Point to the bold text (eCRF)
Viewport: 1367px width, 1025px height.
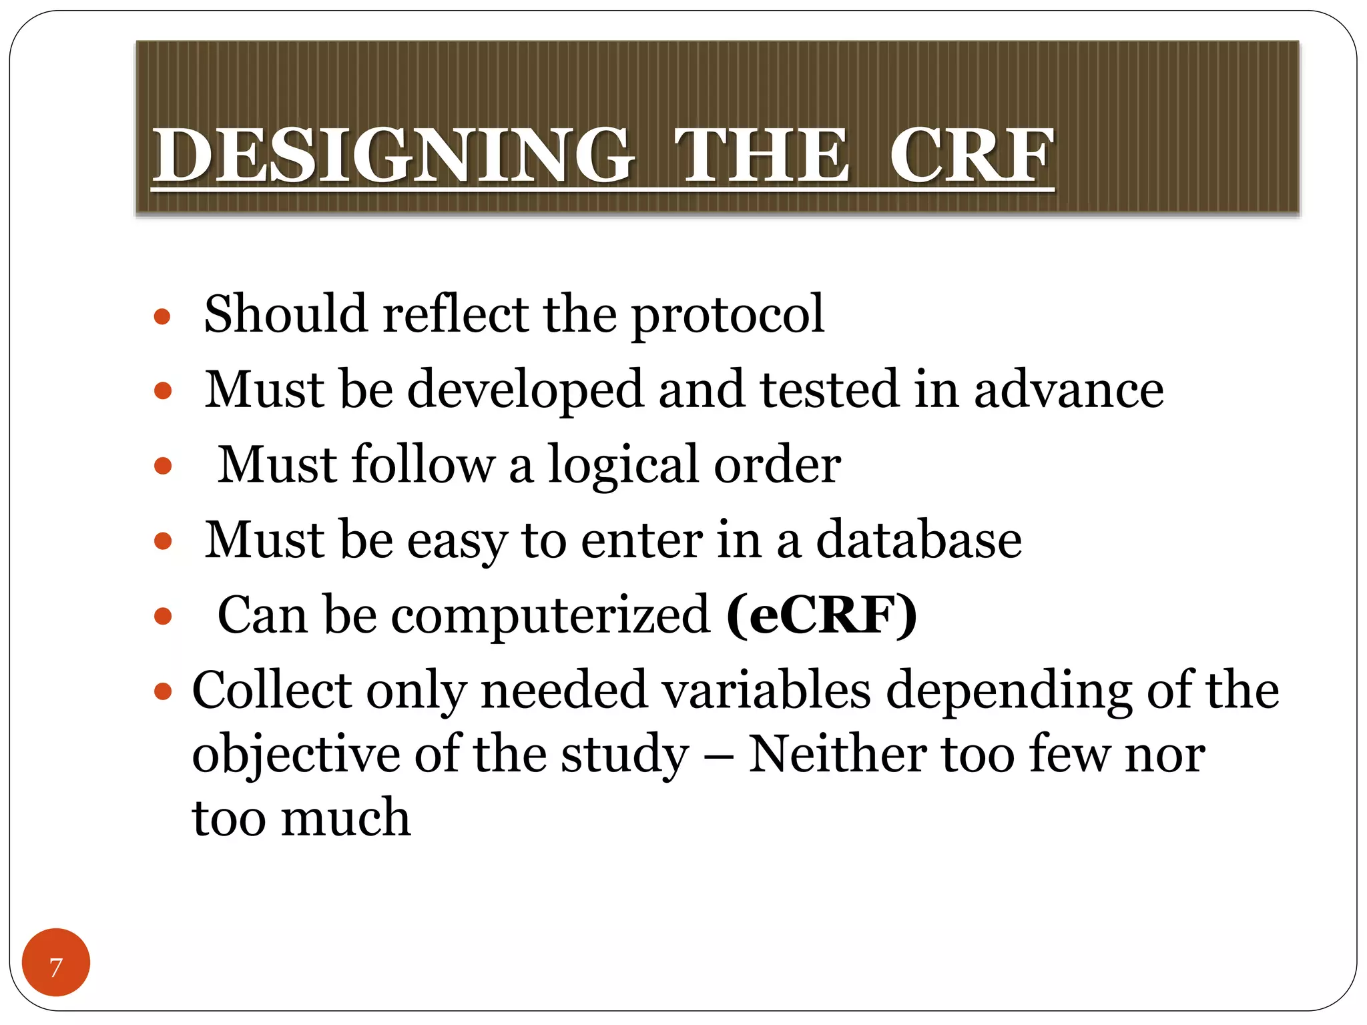pos(821,615)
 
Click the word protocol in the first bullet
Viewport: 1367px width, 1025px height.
pos(728,315)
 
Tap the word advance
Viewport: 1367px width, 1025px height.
pos(1069,390)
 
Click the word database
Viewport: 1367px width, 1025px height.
pos(918,540)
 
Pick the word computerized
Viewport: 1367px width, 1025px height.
pos(550,615)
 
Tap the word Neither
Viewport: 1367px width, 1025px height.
pos(837,754)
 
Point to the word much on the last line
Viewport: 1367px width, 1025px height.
pos(345,818)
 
